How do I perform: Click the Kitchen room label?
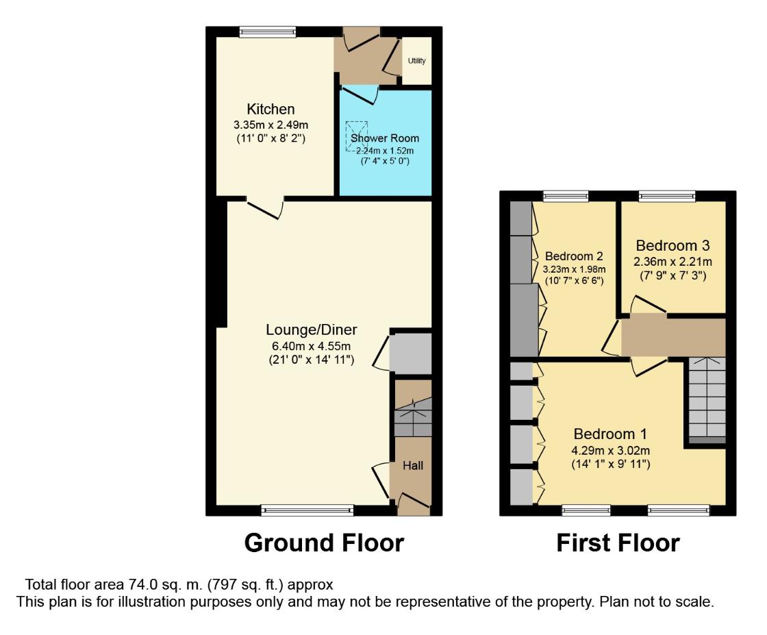[271, 110]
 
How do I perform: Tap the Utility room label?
[416, 61]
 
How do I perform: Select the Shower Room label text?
[385, 138]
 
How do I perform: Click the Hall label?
[412, 466]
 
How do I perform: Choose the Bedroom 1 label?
[610, 434]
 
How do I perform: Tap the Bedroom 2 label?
[574, 256]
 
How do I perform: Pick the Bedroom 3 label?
[672, 245]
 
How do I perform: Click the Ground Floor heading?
[324, 543]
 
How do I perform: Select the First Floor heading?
[618, 543]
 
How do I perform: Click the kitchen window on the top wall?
[268, 31]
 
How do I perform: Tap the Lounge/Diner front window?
[307, 510]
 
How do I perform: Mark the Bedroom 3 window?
[667, 196]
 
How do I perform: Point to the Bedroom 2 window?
[566, 196]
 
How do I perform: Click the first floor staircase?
[706, 399]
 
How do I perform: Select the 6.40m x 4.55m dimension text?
[312, 346]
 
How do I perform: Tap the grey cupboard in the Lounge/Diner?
[411, 353]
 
